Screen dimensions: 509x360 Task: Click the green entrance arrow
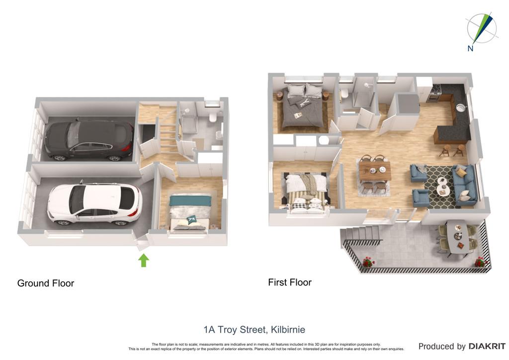(144, 261)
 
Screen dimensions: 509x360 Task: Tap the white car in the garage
(94, 204)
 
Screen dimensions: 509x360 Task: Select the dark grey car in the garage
(88, 140)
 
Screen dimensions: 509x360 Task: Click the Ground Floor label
(46, 283)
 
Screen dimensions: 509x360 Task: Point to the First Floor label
(290, 282)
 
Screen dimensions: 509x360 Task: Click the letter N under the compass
(470, 49)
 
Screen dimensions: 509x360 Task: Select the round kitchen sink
(461, 107)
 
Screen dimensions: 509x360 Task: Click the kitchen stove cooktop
(435, 88)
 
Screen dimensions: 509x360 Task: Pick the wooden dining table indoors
(375, 171)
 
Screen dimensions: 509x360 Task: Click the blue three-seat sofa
(464, 185)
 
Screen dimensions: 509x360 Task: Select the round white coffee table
(442, 186)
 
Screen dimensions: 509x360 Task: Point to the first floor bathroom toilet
(344, 93)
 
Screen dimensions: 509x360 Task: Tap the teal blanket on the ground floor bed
(190, 200)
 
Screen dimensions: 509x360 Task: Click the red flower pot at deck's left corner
(368, 262)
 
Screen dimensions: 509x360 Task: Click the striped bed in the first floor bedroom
(306, 193)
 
